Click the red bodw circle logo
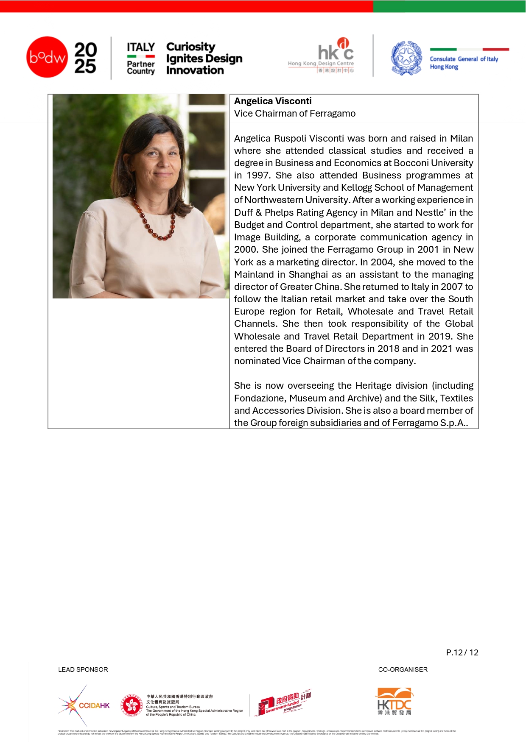pos(47,57)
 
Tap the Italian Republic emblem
pos(406,58)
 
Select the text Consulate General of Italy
pos(464,59)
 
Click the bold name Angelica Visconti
pos(273,101)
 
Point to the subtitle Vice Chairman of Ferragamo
pos(295,113)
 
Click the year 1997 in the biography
pos(257,175)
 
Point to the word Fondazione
pos(258,398)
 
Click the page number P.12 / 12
pos(462,652)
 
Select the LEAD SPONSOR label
pos(83,669)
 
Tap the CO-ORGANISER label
pos(403,669)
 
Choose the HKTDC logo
pos(394,702)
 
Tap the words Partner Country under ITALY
pos(141,67)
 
